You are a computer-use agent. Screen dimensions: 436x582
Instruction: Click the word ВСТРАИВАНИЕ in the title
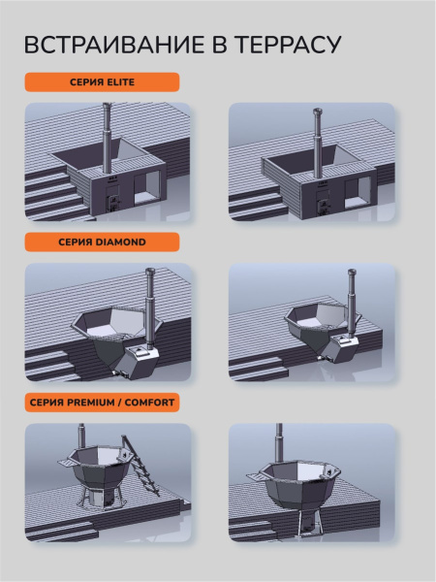pos(114,45)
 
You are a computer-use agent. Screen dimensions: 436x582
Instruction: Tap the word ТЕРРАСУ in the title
pos(288,45)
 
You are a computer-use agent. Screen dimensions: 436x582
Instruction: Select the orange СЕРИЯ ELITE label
pos(102,82)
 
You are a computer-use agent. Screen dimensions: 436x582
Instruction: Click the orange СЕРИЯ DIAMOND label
pos(102,242)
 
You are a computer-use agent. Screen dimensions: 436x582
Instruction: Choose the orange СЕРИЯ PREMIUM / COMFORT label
pos(102,403)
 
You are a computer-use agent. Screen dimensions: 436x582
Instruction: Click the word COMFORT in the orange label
pos(149,403)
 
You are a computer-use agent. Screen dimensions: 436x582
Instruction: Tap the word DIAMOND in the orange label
pos(120,242)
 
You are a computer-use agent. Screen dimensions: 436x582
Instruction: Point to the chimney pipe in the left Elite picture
pos(107,138)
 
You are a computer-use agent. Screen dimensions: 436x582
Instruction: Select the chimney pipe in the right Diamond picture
pos(352,303)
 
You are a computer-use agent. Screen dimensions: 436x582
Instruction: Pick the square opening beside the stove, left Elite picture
pos(146,188)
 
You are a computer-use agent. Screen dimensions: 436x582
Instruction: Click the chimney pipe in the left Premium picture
pos(81,437)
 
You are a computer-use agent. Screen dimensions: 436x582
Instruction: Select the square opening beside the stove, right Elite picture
pos(358,192)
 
